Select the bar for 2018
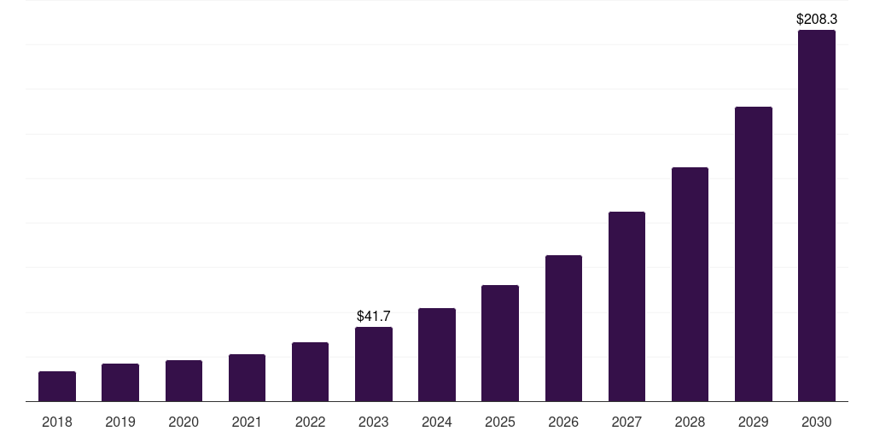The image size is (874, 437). (57, 387)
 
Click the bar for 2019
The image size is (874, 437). (120, 382)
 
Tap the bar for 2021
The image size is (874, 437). (247, 378)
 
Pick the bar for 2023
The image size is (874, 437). (374, 364)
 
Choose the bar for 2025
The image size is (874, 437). (500, 343)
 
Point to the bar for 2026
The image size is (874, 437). (563, 329)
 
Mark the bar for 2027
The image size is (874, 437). (626, 306)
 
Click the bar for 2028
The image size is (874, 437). (690, 284)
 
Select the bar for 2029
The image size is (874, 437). (754, 254)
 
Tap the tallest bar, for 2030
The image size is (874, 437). (817, 216)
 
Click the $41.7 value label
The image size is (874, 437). (374, 316)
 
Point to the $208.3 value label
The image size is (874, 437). (817, 19)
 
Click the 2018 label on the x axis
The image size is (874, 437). (57, 422)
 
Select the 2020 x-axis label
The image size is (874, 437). (184, 422)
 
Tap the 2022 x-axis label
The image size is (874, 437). (310, 422)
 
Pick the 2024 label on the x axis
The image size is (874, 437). (437, 422)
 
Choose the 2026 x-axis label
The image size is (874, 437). (563, 422)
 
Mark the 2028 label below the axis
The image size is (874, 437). (690, 422)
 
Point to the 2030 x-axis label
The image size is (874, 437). (817, 422)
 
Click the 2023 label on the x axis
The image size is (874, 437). (374, 422)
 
